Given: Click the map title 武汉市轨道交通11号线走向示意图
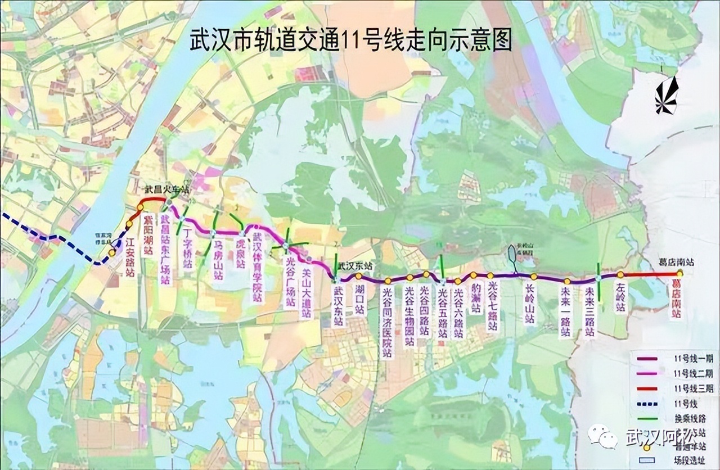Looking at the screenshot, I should click(351, 42).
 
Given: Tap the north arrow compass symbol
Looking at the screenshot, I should click(667, 96).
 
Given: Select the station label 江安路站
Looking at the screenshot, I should click(130, 256).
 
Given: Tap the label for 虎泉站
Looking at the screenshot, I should click(240, 253).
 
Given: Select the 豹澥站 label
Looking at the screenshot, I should click(476, 297).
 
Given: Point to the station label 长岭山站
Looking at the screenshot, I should click(529, 304).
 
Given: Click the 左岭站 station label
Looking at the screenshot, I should click(619, 298).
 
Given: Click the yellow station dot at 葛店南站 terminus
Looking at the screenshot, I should click(680, 273).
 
